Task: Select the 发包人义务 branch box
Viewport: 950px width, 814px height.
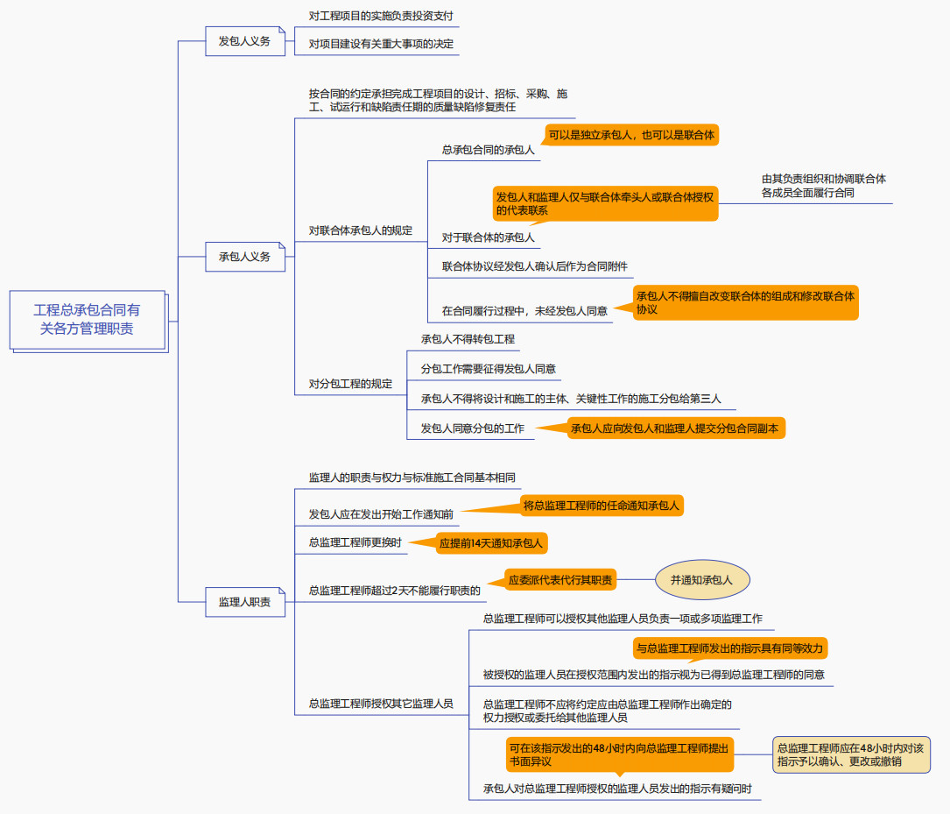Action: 245,41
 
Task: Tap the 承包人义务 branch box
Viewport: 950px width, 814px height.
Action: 245,257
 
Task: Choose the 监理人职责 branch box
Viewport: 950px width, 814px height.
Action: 245,602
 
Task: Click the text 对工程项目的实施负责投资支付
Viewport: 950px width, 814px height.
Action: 381,17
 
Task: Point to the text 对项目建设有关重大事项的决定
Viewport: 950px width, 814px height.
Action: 381,44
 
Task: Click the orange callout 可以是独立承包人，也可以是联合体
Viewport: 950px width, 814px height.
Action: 631,135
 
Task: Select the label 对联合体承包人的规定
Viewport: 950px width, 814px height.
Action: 360,231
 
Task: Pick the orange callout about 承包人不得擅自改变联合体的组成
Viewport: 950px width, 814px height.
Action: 745,302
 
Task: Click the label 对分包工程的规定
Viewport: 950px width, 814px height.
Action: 350,384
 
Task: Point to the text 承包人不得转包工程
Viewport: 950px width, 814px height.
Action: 468,339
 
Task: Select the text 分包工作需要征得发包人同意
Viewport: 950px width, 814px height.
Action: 488,369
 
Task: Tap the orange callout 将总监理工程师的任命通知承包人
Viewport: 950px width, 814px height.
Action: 601,506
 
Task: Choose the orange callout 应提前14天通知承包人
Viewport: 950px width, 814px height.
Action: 491,544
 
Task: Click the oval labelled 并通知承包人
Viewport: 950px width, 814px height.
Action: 701,580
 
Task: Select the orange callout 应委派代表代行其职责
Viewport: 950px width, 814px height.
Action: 561,580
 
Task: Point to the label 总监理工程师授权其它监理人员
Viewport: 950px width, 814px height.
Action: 381,703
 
